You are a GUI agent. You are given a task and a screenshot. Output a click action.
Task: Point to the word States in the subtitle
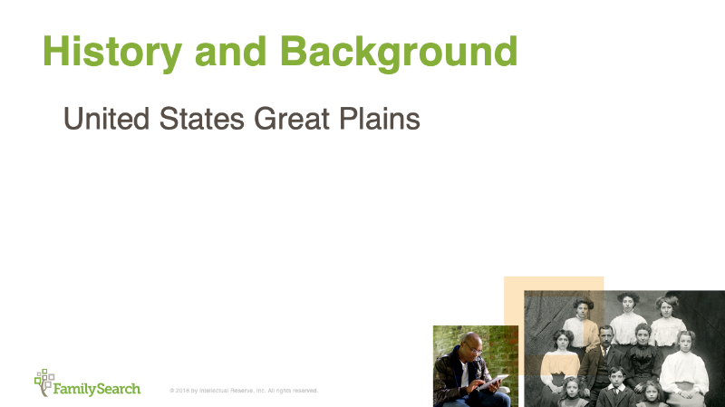(204, 119)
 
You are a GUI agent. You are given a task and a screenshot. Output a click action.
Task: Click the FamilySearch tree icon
(43, 381)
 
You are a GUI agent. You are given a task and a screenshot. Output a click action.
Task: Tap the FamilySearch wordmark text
(97, 389)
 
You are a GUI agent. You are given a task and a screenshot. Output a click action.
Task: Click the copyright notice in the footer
(243, 391)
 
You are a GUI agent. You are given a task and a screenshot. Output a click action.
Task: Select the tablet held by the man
(493, 382)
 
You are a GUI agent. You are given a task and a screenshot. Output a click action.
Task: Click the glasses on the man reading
(475, 349)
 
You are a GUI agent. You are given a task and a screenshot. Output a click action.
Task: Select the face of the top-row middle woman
(628, 303)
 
